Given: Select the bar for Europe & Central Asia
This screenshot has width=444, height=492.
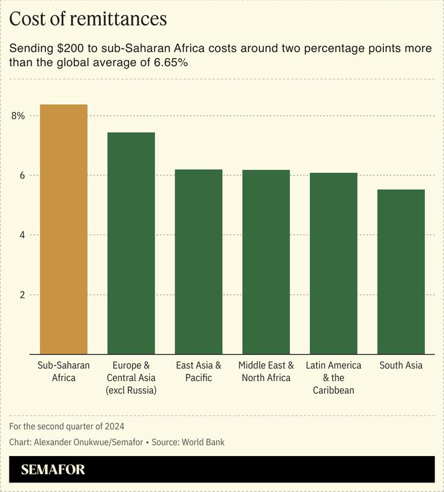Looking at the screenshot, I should click(x=131, y=243).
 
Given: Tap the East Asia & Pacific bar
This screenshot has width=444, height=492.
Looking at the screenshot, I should click(x=199, y=262).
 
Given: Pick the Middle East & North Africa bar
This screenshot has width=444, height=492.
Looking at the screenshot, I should click(x=266, y=262).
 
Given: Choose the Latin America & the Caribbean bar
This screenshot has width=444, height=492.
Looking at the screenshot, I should click(x=334, y=263).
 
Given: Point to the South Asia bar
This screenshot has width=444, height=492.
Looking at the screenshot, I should click(x=401, y=272).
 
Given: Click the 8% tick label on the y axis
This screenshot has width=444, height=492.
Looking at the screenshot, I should click(x=18, y=116).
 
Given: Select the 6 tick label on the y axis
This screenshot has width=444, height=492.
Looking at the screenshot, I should click(x=21, y=175).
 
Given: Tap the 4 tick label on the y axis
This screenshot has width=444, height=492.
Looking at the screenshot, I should click(x=21, y=235).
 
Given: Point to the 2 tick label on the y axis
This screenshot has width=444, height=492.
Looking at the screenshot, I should click(x=21, y=295).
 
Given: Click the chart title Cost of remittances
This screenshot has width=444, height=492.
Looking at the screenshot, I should click(x=88, y=19).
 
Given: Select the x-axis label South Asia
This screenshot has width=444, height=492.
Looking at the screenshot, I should click(x=401, y=365).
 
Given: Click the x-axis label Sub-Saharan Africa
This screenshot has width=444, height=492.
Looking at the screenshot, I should click(x=64, y=371).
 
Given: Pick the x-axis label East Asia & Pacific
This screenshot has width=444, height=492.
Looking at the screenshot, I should click(x=199, y=371).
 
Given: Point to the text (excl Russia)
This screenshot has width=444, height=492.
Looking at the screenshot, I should click(x=131, y=391).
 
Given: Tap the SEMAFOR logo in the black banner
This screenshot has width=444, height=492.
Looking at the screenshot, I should click(x=53, y=469).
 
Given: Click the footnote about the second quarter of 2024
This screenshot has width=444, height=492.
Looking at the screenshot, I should click(x=67, y=427).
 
